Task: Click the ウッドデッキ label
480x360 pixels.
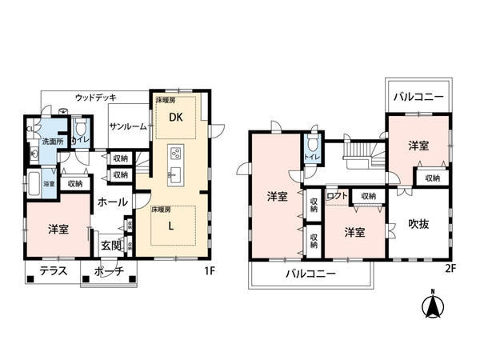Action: click(94, 97)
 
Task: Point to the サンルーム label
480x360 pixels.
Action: click(127, 126)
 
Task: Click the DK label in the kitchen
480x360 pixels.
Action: click(174, 117)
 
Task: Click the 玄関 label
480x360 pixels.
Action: click(110, 244)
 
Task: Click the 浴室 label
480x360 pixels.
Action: click(49, 183)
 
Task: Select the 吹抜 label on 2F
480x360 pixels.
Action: click(419, 225)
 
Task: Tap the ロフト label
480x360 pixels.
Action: click(337, 195)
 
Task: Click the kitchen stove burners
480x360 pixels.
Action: click(176, 154)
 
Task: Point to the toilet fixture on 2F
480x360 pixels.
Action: click(313, 146)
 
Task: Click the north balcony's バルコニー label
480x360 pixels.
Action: click(417, 98)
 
